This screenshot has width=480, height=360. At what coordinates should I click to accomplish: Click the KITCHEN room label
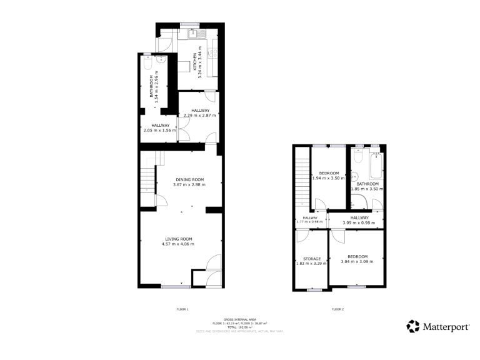tap(194, 62)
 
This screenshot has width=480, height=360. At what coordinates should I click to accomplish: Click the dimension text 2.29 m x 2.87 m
tap(199, 116)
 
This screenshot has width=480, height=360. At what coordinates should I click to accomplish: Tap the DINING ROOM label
tap(189, 179)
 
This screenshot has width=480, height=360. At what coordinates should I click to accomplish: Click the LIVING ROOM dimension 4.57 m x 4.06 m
tap(179, 244)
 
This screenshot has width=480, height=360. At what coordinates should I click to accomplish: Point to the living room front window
tap(176, 287)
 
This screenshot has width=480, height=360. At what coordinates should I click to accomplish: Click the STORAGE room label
tap(312, 259)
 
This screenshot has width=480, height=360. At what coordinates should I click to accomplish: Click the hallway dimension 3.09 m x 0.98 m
tap(359, 222)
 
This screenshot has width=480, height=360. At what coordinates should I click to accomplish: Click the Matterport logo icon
tap(413, 326)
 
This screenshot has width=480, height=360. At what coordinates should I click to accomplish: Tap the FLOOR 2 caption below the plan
tap(337, 309)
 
